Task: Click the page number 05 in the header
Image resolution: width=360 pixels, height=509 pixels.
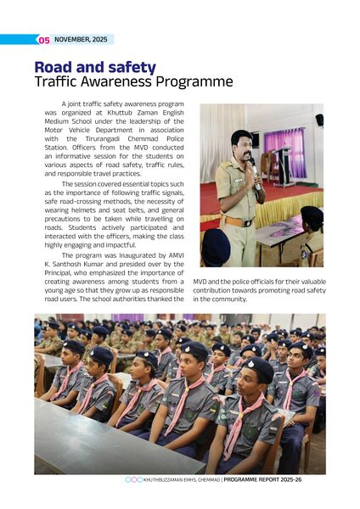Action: pos(42,40)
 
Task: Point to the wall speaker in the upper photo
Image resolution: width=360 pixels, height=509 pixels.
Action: pos(318,120)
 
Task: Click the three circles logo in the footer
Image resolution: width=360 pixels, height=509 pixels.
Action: pos(133,479)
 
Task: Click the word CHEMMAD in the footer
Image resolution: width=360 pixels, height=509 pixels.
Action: pos(204,479)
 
